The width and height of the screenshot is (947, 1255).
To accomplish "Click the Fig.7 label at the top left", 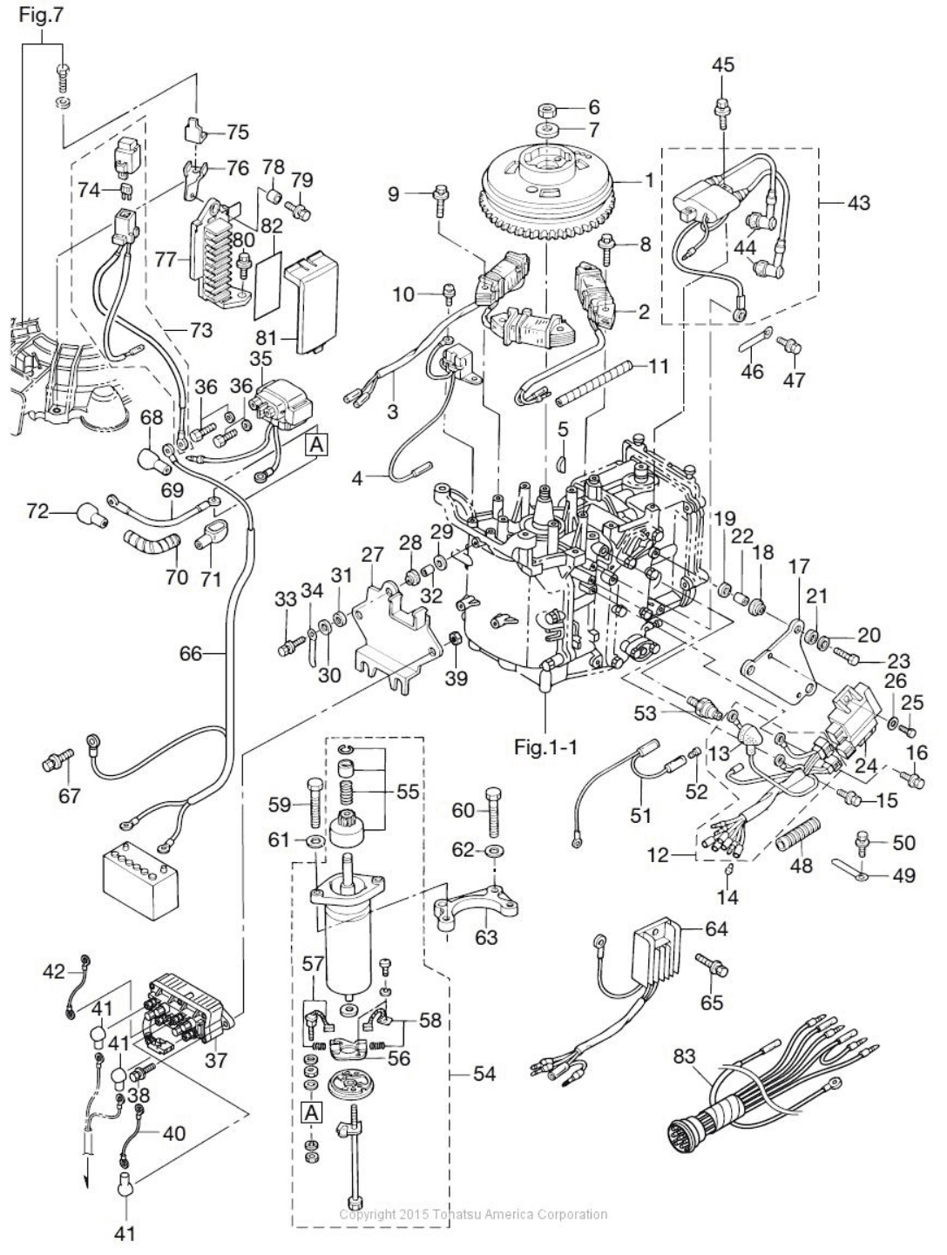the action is click(41, 14).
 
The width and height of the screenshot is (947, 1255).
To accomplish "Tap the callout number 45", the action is click(722, 64).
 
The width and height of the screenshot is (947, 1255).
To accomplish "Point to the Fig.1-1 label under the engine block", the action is click(545, 746).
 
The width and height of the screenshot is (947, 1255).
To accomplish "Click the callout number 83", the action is click(684, 1056).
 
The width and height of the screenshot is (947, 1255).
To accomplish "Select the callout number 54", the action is click(484, 1075).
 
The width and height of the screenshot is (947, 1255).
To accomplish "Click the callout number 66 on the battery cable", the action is click(191, 652).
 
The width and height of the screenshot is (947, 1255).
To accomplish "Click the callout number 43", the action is click(858, 202).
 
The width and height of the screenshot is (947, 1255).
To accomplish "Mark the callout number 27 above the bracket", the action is click(373, 556).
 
